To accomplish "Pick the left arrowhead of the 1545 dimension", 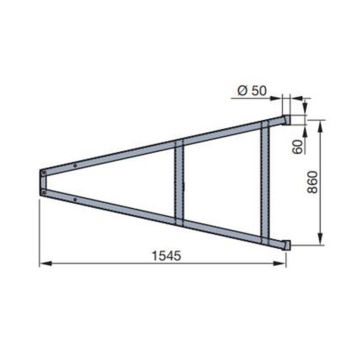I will [x=43, y=264].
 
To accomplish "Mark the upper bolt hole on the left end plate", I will [x=42, y=174].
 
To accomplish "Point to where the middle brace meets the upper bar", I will [x=180, y=143].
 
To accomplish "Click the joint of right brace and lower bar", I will [x=266, y=237].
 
